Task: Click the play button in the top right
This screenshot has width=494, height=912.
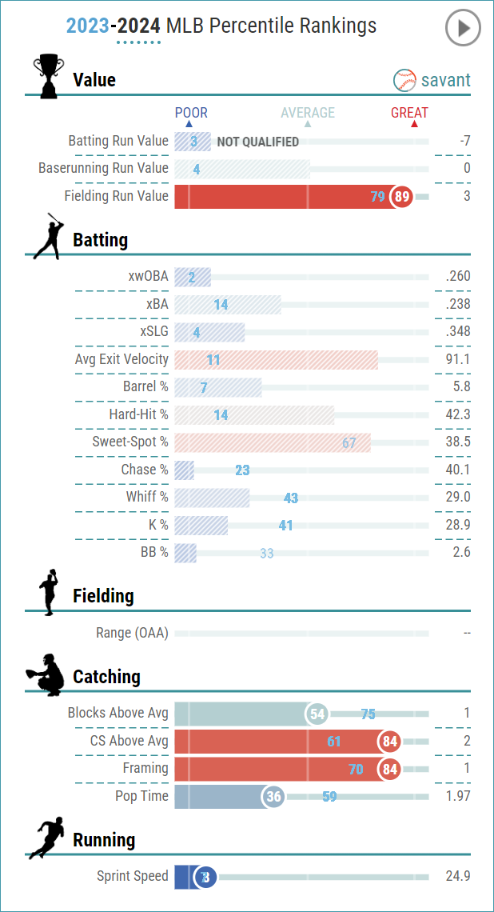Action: (462, 29)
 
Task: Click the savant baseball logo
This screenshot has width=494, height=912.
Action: (405, 80)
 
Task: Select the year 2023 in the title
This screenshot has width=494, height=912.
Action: (87, 26)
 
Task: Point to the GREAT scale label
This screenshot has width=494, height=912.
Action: (409, 113)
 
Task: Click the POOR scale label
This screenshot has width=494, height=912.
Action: (191, 113)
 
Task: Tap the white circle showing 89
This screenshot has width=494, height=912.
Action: (401, 197)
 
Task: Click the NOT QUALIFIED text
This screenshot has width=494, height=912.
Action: (258, 142)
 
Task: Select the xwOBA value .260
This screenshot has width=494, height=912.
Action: (458, 277)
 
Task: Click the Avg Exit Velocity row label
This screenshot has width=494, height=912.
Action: (122, 359)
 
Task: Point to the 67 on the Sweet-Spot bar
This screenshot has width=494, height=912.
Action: (349, 442)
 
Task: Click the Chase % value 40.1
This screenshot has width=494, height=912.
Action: (458, 470)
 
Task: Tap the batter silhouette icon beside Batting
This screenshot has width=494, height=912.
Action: (48, 237)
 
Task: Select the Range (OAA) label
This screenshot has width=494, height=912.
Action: (132, 633)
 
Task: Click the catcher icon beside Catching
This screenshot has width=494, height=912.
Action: (46, 674)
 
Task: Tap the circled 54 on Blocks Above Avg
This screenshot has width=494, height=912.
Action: (318, 714)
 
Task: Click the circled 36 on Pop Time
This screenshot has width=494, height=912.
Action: (274, 797)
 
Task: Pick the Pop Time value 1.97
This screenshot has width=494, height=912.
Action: (456, 796)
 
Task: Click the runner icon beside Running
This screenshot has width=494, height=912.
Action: (46, 838)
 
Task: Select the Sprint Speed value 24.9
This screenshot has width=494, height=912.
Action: (458, 876)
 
